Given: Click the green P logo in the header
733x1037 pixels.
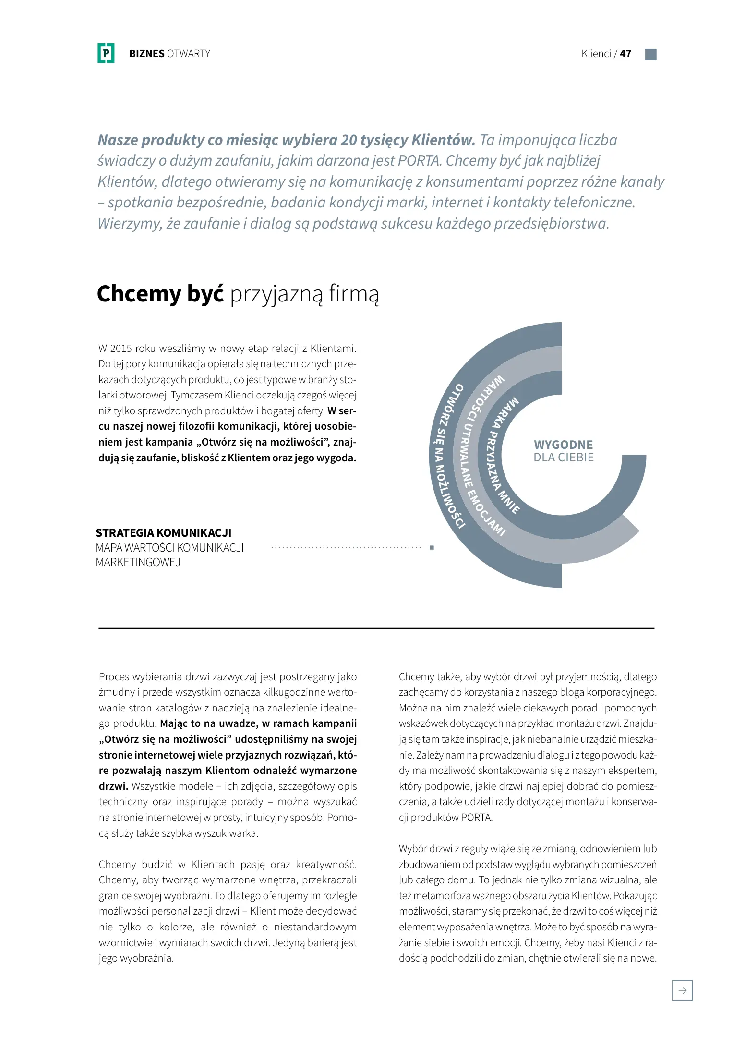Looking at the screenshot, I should pos(106,53).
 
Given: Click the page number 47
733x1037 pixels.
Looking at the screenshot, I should pos(625,54).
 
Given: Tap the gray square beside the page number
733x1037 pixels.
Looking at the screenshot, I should pos(650,54).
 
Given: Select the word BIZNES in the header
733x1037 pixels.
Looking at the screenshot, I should pos(146,54).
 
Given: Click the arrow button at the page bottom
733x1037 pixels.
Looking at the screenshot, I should pos(682,990).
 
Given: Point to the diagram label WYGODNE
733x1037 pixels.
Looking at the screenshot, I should pos(563,445).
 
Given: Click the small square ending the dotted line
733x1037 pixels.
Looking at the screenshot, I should pos(432,547).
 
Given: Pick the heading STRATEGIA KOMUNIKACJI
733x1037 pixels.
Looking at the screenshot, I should pos(163,533).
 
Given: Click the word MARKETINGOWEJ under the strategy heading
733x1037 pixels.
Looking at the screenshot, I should pos(138,562).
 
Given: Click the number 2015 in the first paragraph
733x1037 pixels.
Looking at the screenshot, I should pos(121,349).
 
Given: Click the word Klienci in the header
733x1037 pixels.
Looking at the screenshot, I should pos(596,54).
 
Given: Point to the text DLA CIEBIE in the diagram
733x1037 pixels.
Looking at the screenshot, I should pos(564,458).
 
